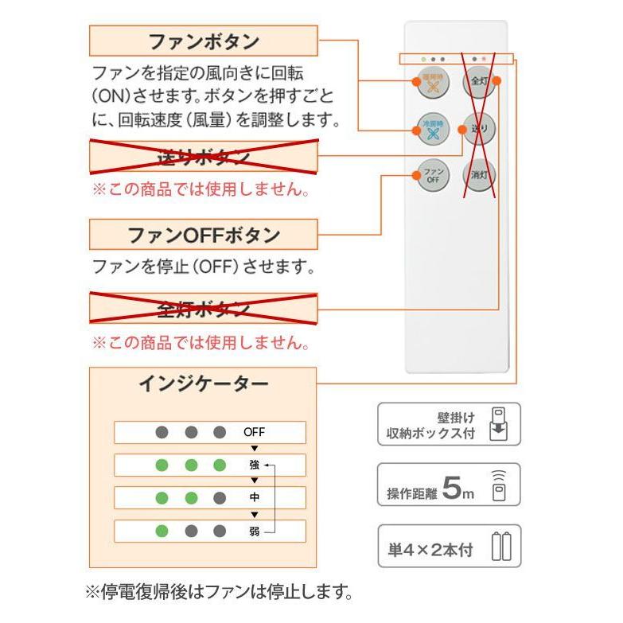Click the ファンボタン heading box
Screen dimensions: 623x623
point(203,41)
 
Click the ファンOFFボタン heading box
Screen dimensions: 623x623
point(203,236)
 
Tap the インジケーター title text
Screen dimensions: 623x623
point(203,384)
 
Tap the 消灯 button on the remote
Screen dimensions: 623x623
point(479,175)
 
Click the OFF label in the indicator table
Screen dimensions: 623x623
point(254,433)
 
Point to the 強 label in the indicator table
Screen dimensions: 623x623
point(254,465)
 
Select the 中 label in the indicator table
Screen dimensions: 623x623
point(254,498)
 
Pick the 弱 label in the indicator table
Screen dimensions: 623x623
point(254,531)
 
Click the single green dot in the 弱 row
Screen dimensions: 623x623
point(162,531)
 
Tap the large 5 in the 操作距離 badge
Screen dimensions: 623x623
point(450,489)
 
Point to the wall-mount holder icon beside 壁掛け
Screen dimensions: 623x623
point(500,423)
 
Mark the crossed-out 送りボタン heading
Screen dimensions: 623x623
point(203,157)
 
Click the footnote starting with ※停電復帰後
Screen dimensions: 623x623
point(218,593)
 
